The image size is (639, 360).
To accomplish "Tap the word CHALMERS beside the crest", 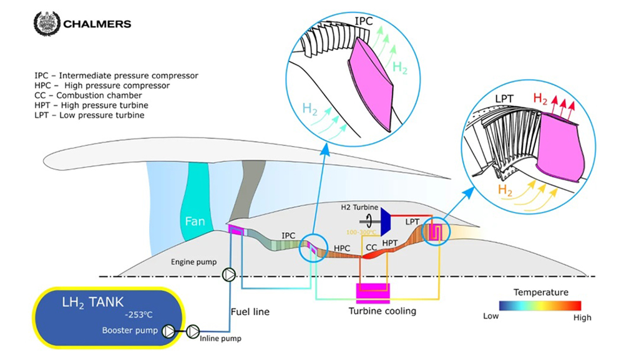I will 97,24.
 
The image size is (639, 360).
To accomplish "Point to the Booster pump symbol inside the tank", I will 168,331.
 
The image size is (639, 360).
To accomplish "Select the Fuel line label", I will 250,311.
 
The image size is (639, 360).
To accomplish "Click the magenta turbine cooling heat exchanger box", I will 372,294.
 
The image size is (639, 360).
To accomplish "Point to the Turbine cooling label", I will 383,311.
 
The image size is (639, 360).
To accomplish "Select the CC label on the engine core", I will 371,247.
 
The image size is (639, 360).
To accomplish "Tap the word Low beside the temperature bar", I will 491,316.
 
